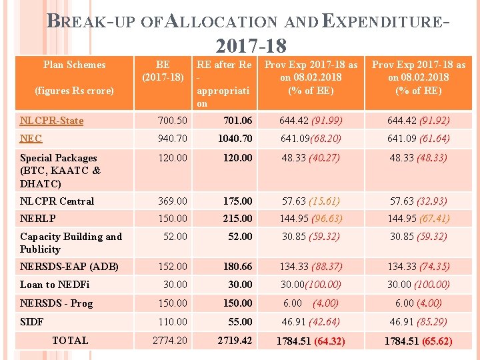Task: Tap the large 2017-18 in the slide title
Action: click(x=251, y=46)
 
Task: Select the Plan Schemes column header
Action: click(x=74, y=65)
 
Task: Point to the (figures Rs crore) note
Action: click(x=74, y=90)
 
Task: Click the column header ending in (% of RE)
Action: click(x=419, y=77)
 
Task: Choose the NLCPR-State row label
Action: click(x=51, y=121)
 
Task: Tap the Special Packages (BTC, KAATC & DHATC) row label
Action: click(x=59, y=171)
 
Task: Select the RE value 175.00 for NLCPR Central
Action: click(x=237, y=201)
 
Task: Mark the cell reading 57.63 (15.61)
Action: click(x=311, y=201)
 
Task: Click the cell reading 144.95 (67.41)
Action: click(x=419, y=218)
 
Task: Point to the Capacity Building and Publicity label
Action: click(x=71, y=243)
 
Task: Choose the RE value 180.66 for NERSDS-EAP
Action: click(x=237, y=266)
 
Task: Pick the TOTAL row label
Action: click(x=70, y=340)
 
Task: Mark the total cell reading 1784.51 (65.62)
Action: click(x=419, y=341)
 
